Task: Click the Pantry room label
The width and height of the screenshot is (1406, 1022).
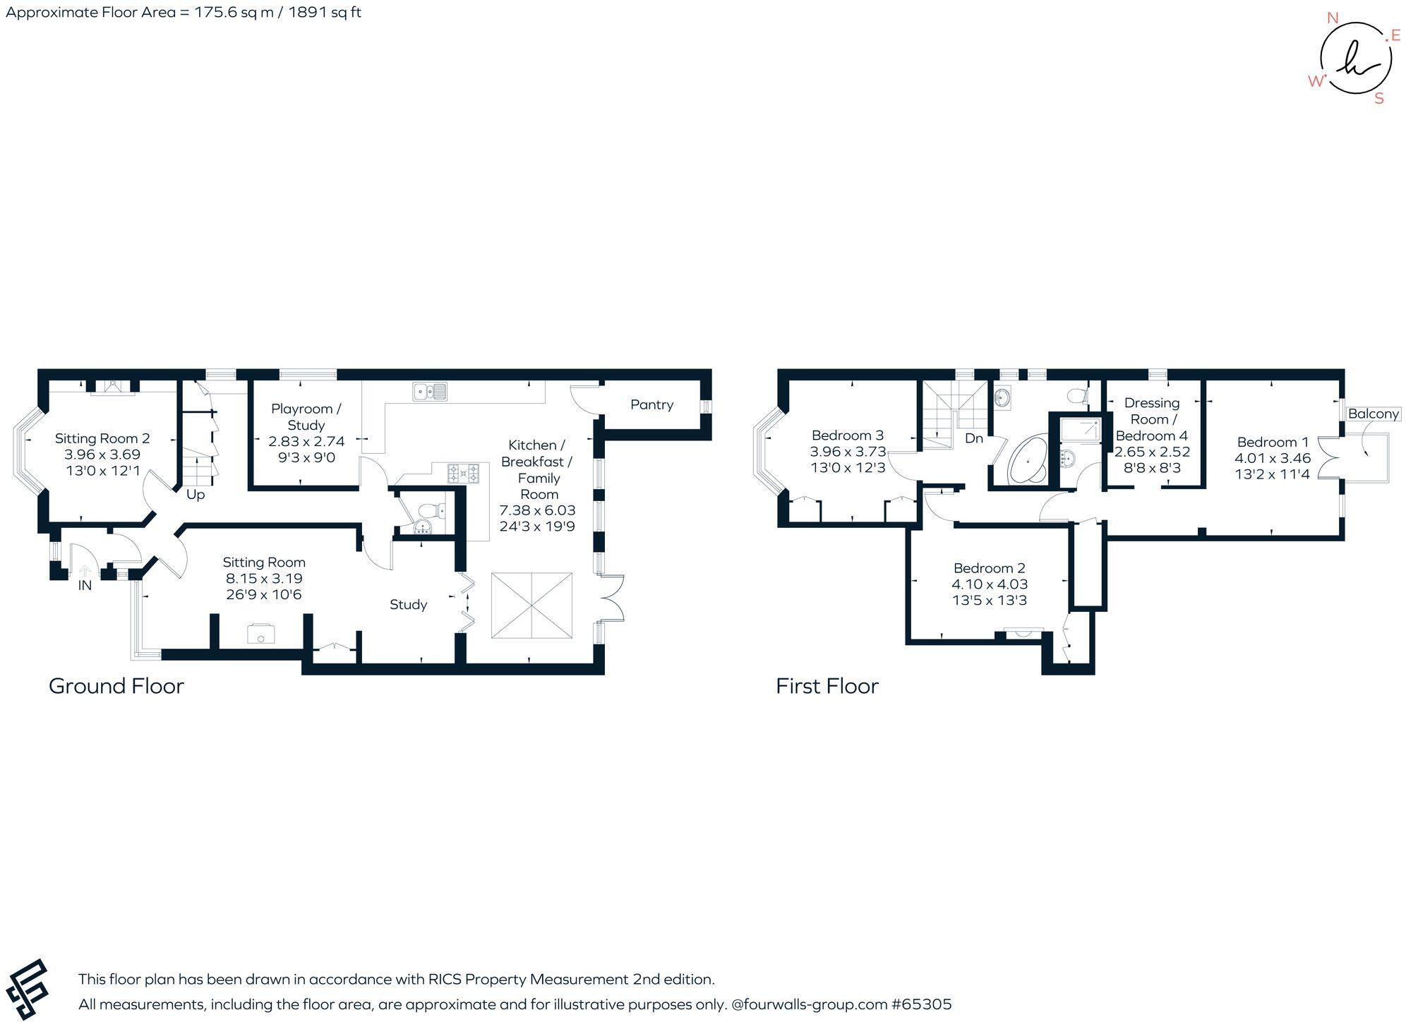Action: point(651,404)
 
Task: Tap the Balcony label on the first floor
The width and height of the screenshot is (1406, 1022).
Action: point(1373,414)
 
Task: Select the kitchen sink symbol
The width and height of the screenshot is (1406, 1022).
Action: point(430,390)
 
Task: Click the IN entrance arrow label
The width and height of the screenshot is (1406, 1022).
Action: point(85,585)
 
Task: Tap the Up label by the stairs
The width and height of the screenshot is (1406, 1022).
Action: point(196,495)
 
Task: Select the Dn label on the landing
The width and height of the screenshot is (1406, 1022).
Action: point(974,438)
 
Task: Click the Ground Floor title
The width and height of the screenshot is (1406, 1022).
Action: point(116,686)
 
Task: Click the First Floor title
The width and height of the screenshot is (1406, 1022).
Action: point(827,686)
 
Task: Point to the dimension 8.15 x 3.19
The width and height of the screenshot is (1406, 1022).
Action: point(264,578)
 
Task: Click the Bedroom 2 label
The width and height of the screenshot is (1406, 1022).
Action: point(989,568)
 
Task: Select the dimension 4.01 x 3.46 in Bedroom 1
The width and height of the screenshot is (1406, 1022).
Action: point(1273,458)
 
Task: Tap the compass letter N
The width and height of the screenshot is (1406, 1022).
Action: point(1333,18)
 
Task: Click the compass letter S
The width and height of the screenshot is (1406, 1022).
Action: point(1378,100)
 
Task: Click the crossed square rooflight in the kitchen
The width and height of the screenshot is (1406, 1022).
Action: point(531,606)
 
